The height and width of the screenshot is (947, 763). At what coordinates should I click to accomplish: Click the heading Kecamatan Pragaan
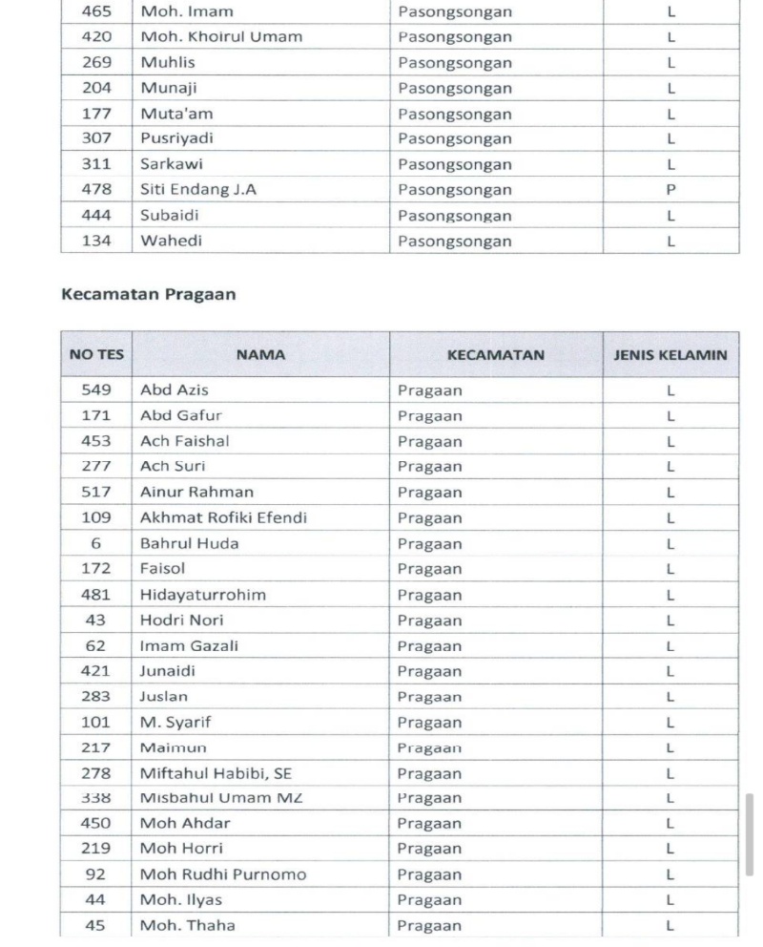click(148, 294)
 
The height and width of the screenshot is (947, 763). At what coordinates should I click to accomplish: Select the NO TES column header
click(96, 355)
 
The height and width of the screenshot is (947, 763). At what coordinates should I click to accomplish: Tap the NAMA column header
click(260, 355)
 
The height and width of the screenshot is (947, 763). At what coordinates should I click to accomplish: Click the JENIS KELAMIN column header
click(670, 355)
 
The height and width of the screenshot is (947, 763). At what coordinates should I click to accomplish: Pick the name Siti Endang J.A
click(198, 190)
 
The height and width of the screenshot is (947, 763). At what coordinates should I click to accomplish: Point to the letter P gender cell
click(670, 190)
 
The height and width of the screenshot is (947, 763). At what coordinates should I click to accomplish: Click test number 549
click(96, 390)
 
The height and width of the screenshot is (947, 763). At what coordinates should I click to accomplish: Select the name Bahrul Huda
click(190, 543)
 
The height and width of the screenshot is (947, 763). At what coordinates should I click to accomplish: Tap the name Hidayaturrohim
click(203, 595)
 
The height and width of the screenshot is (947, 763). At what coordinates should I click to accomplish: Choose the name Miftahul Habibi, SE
click(216, 773)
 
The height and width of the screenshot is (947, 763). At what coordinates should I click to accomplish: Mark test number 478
click(96, 190)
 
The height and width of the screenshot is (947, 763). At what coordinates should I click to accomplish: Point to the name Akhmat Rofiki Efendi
click(223, 518)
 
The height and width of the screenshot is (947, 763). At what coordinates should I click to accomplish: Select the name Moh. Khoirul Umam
click(221, 37)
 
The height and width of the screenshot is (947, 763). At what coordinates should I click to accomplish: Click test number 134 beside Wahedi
click(96, 241)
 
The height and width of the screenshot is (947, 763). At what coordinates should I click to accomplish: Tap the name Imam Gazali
click(189, 645)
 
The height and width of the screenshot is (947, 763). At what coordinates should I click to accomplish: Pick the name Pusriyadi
click(176, 138)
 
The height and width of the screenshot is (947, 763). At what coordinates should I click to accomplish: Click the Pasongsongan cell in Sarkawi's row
click(455, 164)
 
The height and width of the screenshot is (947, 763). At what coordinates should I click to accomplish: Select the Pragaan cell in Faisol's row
click(430, 569)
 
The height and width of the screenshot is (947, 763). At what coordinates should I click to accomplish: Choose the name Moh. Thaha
click(187, 925)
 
